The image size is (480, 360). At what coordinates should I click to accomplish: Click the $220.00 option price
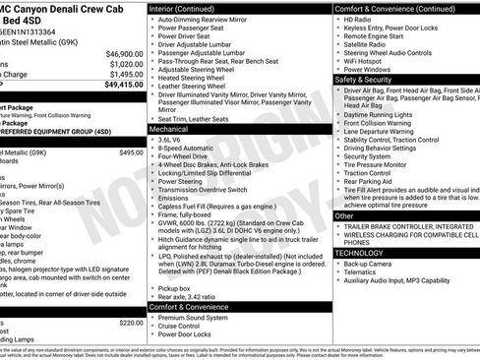131,322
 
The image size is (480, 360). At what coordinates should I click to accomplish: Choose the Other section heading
345,215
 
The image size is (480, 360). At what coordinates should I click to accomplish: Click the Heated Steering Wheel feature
198,78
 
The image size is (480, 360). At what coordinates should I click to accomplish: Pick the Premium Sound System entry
202,319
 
